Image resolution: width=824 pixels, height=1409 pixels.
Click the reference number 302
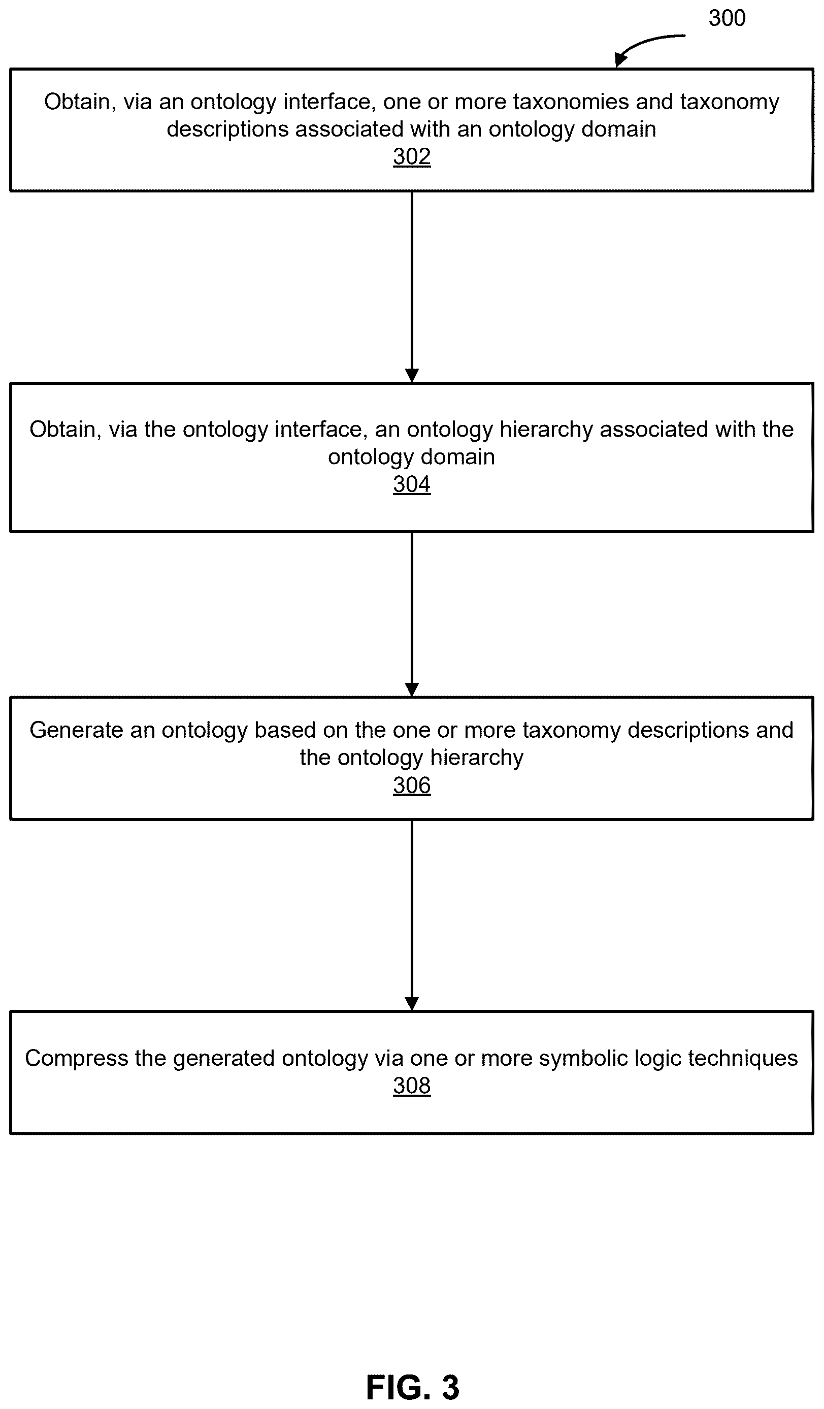[411, 156]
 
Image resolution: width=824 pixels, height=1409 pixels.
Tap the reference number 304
[411, 484]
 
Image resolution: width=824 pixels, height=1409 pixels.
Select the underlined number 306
[411, 785]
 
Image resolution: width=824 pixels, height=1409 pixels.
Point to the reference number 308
[411, 1086]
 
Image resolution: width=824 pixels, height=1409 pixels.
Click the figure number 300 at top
[727, 18]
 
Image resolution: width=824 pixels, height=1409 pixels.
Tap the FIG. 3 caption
[413, 1387]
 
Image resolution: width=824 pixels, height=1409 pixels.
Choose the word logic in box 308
[653, 1059]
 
